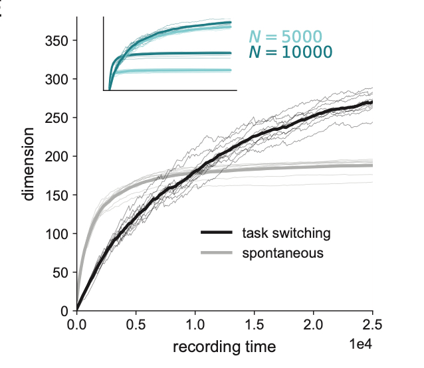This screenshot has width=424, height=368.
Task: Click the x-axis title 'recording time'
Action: click(x=224, y=347)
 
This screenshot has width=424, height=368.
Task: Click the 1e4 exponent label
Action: click(x=362, y=344)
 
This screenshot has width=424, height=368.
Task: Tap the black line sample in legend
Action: click(x=217, y=233)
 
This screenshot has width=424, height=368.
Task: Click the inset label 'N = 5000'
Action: click(x=286, y=37)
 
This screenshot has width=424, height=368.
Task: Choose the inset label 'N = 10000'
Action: click(x=290, y=52)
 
